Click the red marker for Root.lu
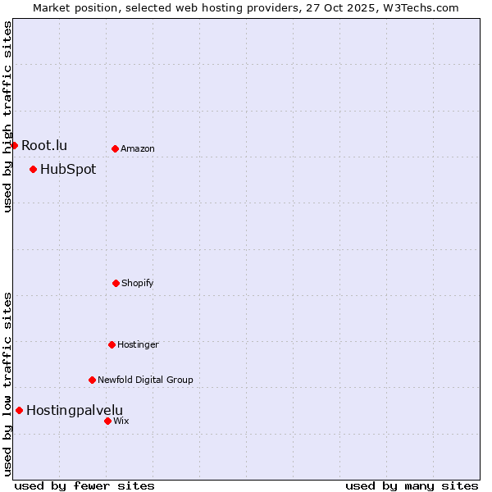[14, 145]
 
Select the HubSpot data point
[33, 170]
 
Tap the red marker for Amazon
[115, 148]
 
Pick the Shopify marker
[116, 283]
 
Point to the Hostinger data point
[112, 344]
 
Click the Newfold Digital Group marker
[92, 380]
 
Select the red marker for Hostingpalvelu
[19, 410]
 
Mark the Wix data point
[107, 421]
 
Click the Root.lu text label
[44, 145]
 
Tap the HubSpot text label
[68, 170]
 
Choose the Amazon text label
[138, 148]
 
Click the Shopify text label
[138, 283]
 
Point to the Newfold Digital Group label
[145, 380]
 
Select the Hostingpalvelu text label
[75, 410]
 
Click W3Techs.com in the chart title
[418, 7]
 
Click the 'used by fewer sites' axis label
[84, 485]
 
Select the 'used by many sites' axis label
[412, 485]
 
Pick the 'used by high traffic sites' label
[7, 116]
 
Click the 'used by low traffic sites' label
[7, 384]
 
